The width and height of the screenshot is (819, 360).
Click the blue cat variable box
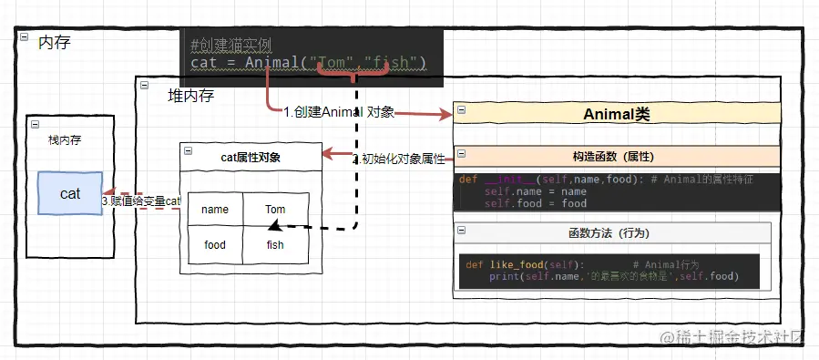point(69,193)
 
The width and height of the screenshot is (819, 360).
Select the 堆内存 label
point(190,95)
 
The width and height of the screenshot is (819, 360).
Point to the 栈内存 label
point(66,140)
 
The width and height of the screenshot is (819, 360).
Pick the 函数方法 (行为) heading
point(612,233)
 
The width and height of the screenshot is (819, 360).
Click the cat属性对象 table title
point(251,157)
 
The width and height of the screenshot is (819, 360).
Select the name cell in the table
point(215,210)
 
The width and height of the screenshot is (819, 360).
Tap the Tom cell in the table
point(275,210)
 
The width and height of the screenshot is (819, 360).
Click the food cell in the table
point(215,245)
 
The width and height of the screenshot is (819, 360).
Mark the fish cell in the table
point(275,245)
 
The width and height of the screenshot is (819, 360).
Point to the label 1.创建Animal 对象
point(338,112)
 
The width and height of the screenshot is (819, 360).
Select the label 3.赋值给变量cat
point(141,201)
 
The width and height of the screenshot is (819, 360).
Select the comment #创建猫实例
point(231,46)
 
